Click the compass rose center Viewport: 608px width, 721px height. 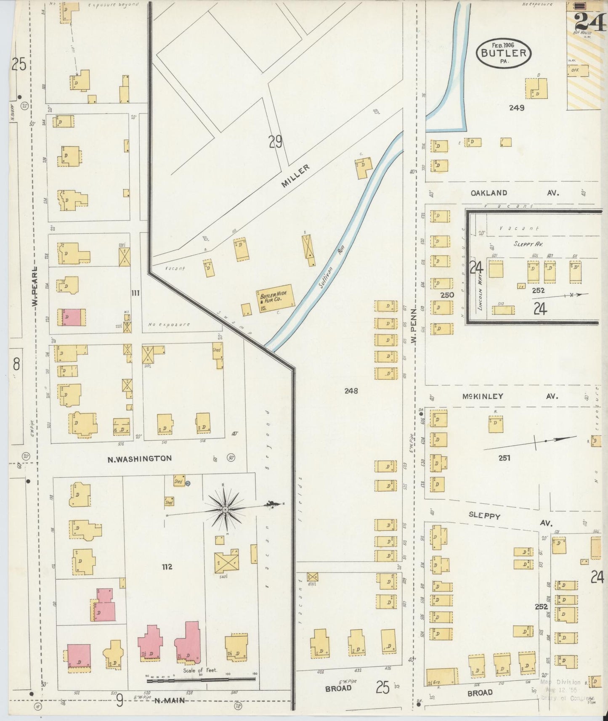point(225,509)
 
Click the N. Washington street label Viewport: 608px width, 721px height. point(140,459)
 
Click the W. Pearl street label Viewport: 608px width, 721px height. point(36,287)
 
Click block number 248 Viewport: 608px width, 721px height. point(351,391)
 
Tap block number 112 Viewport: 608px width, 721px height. point(167,567)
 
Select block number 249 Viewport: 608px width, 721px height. point(516,108)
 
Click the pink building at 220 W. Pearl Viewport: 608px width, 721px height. point(74,317)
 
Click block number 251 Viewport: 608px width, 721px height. point(504,458)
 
